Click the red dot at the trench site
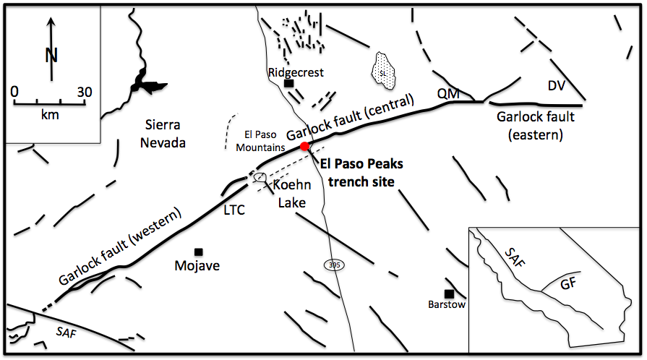click(x=305, y=147)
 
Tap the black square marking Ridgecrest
click(x=289, y=85)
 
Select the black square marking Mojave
click(x=199, y=252)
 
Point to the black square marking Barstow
click(x=449, y=293)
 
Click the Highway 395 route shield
click(x=333, y=265)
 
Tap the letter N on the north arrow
click(x=51, y=54)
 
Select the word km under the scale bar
click(x=50, y=115)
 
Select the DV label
click(x=556, y=87)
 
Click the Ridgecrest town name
click(x=296, y=72)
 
